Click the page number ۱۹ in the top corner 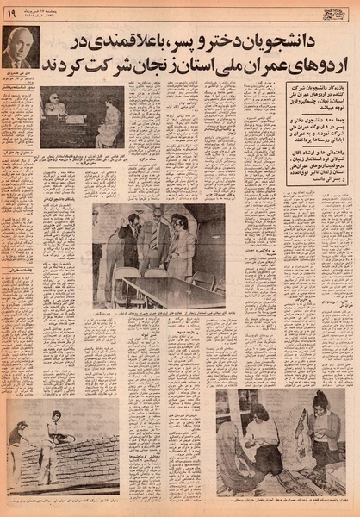tap(11, 13)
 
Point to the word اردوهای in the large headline tap(315, 67)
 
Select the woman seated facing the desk tap(109, 120)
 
